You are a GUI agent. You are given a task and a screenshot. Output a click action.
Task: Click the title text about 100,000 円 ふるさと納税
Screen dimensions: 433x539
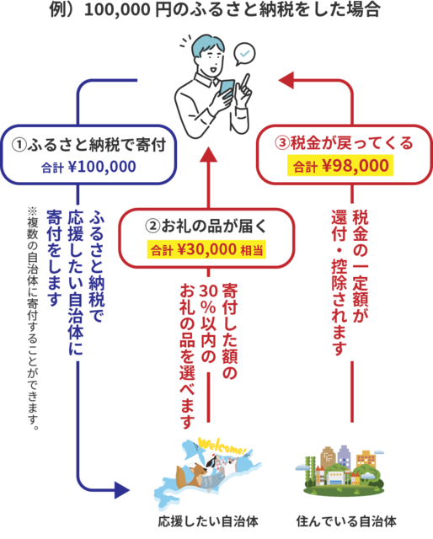[x=215, y=9]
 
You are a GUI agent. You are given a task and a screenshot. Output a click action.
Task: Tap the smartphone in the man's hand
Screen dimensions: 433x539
[x=227, y=89]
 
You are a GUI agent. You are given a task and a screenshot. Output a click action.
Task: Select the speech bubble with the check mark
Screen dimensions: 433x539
[x=244, y=54]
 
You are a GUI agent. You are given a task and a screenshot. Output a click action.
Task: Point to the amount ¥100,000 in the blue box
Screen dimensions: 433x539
[x=102, y=167]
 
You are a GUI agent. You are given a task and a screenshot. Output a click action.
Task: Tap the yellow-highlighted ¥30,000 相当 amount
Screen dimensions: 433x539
[x=206, y=249]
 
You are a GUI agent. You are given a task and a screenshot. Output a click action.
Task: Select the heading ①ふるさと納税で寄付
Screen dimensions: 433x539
[x=88, y=144]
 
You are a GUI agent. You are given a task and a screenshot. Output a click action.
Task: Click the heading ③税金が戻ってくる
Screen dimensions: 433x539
[x=344, y=143]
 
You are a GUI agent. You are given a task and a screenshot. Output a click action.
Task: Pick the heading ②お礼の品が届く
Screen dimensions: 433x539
[x=206, y=226]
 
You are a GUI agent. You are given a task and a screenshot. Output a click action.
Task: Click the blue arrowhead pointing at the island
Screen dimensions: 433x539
[x=122, y=490]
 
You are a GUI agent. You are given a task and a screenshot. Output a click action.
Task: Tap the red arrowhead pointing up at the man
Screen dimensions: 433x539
[x=208, y=155]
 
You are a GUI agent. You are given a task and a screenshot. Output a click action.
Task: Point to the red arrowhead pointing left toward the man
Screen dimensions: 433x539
[x=286, y=81]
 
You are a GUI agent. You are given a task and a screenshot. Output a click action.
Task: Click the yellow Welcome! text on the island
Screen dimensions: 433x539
[x=222, y=446]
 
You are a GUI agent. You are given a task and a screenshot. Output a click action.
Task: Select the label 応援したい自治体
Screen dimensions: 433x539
[x=208, y=521]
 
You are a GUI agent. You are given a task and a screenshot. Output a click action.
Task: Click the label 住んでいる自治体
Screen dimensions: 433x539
[x=346, y=521]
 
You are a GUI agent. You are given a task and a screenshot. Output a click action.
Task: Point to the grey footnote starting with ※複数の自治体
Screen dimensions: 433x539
[x=33, y=319]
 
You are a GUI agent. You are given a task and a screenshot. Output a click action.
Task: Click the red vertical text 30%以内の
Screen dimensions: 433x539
[x=208, y=323]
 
